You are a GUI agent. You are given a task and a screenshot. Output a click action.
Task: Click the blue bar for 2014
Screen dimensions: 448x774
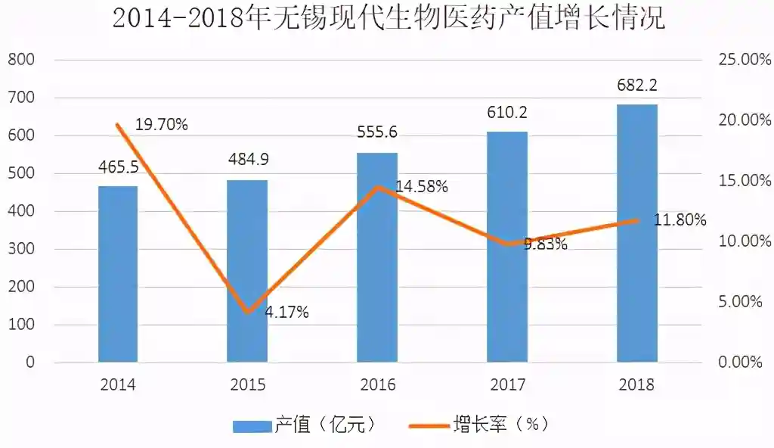(118, 274)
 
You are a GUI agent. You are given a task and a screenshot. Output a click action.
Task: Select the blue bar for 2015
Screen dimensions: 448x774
(247, 271)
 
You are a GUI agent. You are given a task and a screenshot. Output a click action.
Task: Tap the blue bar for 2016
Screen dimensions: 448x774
(377, 257)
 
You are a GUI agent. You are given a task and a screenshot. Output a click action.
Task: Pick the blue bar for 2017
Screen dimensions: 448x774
(507, 247)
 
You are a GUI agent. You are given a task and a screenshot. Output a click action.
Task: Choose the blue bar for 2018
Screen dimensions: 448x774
(637, 233)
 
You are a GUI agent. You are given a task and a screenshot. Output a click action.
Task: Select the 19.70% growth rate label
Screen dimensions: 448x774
(161, 125)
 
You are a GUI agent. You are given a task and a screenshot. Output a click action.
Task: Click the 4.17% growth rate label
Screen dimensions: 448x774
(286, 312)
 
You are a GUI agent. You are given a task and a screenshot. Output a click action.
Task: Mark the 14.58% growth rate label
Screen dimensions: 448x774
(421, 186)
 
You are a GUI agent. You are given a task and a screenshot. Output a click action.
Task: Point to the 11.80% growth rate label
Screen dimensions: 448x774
(680, 220)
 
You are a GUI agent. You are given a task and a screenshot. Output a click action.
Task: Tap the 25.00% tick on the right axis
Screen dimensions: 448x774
(744, 60)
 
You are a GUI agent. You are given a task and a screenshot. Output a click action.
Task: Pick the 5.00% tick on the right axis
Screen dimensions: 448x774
(740, 302)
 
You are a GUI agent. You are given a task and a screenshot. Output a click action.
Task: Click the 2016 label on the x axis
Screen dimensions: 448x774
(377, 384)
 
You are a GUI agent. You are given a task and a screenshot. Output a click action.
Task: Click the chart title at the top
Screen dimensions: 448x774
(387, 18)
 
